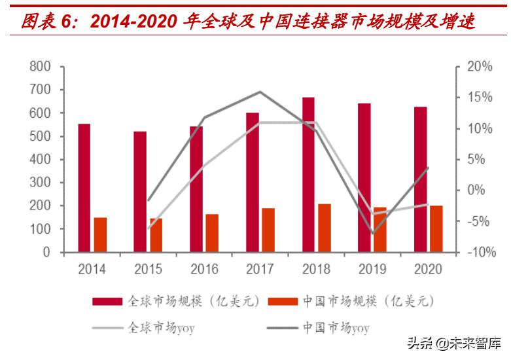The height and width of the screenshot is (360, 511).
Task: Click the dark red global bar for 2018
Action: click(x=308, y=174)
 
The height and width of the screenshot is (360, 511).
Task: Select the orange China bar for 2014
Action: click(x=100, y=234)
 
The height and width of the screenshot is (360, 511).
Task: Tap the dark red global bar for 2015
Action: click(x=140, y=191)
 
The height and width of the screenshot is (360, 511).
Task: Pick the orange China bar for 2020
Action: click(x=436, y=228)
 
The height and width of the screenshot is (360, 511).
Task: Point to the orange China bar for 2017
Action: click(x=268, y=230)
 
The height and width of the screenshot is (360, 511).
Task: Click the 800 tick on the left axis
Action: click(x=40, y=67)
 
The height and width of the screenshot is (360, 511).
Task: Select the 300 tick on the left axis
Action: click(x=40, y=183)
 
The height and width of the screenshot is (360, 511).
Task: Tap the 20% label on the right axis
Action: click(x=479, y=67)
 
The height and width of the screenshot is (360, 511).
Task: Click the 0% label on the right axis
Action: click(x=482, y=190)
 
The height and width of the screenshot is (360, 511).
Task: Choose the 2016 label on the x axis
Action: click(x=204, y=269)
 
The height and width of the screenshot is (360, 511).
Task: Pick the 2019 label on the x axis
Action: click(x=372, y=269)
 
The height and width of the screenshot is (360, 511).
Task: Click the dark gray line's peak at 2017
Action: click(x=260, y=92)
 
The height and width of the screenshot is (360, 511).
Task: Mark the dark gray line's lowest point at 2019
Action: click(x=372, y=233)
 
